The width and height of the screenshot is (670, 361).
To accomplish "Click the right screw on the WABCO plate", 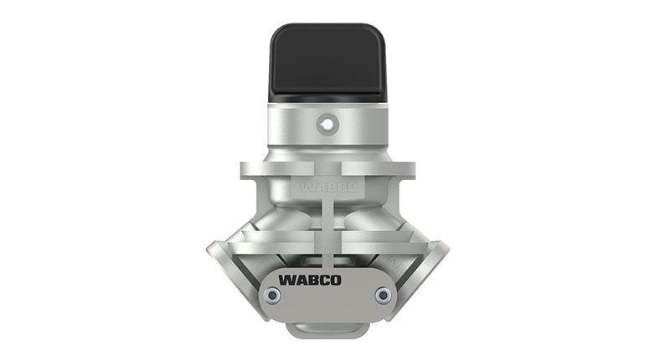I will [383, 294].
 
